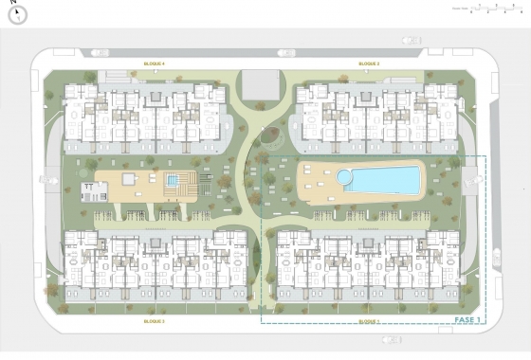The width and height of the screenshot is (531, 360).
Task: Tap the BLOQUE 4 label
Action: point(155,63)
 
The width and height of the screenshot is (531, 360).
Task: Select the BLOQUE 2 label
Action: point(369,63)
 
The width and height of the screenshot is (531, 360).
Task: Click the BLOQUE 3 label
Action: point(155,321)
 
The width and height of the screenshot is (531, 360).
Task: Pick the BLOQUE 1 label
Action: point(369,321)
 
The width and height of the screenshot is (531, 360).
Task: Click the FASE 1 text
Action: point(467,320)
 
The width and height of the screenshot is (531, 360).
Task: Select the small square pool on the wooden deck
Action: point(174,180)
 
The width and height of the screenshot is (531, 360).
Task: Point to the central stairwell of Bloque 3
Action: point(154,261)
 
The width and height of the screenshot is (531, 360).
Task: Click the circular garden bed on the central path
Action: point(270,137)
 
